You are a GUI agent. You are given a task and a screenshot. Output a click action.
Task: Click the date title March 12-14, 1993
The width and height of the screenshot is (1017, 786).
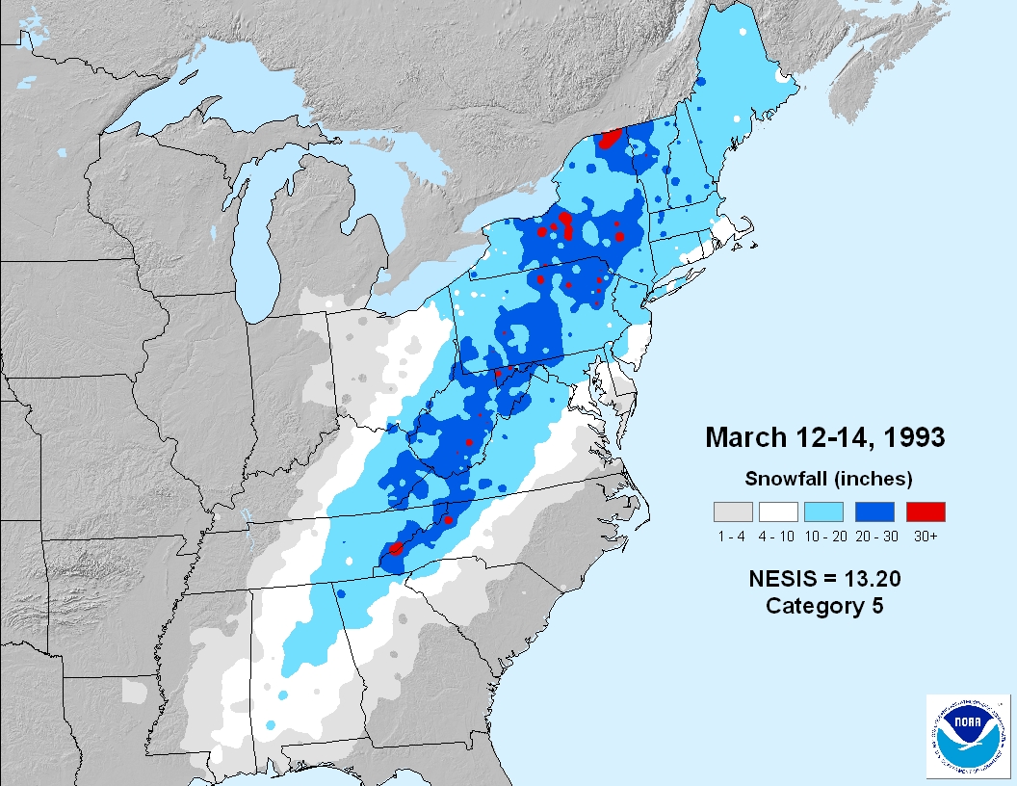(x=824, y=437)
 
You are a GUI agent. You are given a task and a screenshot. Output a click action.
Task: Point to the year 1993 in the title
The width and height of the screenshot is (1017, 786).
(x=911, y=437)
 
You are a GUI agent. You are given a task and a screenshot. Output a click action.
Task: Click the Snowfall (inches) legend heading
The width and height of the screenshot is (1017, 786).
(x=828, y=479)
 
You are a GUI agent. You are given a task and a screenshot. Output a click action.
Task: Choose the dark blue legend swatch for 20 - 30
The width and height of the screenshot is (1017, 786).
(x=874, y=511)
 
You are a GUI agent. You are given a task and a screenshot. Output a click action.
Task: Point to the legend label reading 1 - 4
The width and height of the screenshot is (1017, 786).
(x=733, y=537)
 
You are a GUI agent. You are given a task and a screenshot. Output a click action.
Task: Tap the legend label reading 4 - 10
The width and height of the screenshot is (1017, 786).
(x=780, y=537)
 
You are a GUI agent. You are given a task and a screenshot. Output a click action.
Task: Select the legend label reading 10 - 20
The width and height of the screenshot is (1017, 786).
(x=827, y=537)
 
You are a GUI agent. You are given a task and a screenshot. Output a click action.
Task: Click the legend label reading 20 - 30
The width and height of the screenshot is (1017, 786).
(x=874, y=537)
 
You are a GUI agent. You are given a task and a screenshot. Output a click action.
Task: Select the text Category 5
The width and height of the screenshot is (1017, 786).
(x=824, y=606)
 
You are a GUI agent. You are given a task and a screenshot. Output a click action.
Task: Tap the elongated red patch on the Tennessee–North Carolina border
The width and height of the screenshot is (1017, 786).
(x=394, y=550)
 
